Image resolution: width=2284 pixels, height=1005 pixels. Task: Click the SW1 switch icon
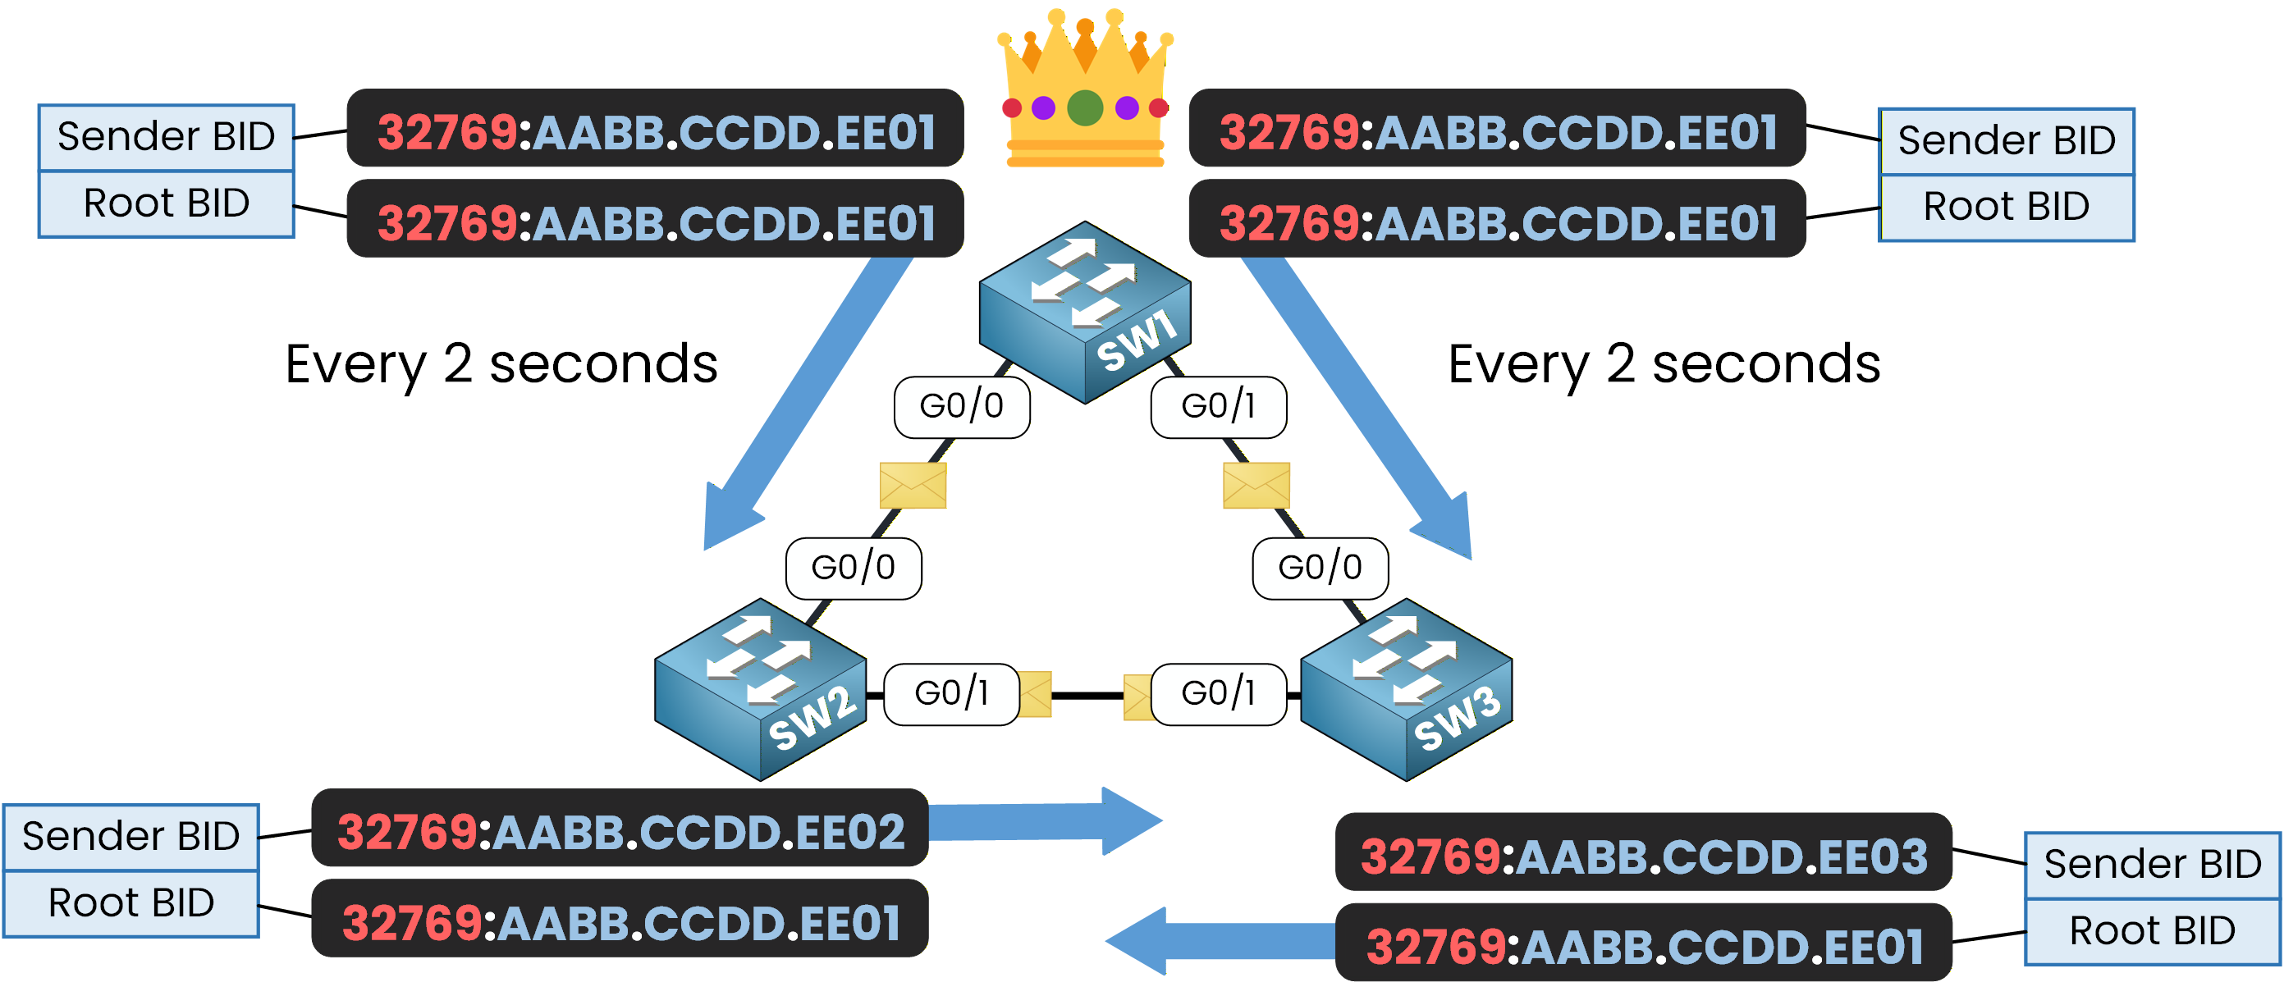tap(1083, 312)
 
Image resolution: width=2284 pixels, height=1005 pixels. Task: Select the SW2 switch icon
tap(760, 689)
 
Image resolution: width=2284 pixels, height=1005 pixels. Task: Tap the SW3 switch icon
tap(1405, 689)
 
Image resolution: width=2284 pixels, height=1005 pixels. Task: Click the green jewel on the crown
tap(1084, 108)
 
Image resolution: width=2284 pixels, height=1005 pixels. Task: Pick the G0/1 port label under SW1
tap(1218, 407)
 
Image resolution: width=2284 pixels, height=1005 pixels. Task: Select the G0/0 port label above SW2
tap(853, 568)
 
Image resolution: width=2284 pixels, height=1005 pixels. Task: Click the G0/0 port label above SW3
tap(1320, 568)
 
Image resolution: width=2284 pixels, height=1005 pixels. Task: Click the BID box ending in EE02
tap(620, 831)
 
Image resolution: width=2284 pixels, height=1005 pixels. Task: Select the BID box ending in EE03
tap(1643, 857)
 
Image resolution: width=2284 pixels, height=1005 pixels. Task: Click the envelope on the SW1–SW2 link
tap(913, 485)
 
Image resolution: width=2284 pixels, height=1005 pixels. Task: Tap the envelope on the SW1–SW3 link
tap(1256, 485)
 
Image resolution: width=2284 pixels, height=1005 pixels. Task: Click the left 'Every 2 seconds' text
tap(501, 364)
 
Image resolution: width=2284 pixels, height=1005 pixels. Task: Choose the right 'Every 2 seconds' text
tap(1664, 364)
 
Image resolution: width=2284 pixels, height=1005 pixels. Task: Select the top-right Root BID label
tap(2006, 208)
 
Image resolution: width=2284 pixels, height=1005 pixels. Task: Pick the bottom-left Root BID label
tap(131, 903)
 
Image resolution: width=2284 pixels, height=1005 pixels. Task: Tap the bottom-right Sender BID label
tap(2152, 864)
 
